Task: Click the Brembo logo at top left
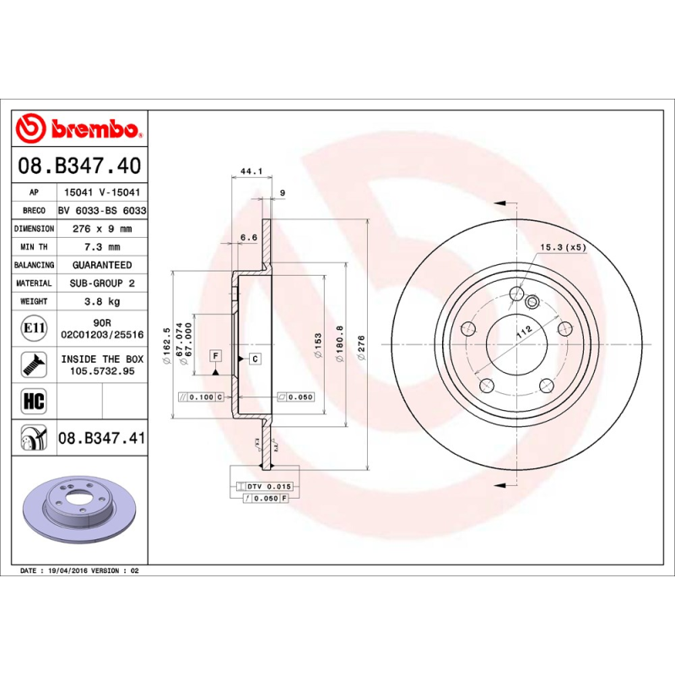click(x=78, y=128)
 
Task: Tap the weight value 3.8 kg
click(x=102, y=301)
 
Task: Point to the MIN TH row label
click(x=35, y=247)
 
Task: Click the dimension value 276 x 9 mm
click(x=102, y=229)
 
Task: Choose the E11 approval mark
click(x=35, y=328)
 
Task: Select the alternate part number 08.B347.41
click(x=102, y=438)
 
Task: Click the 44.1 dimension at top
click(x=251, y=172)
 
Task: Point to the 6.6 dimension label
click(x=248, y=238)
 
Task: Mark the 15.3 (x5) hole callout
click(x=563, y=247)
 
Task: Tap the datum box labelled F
click(x=216, y=359)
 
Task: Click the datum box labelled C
click(x=255, y=359)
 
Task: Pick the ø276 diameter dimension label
click(x=361, y=347)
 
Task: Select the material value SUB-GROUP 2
click(x=102, y=283)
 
